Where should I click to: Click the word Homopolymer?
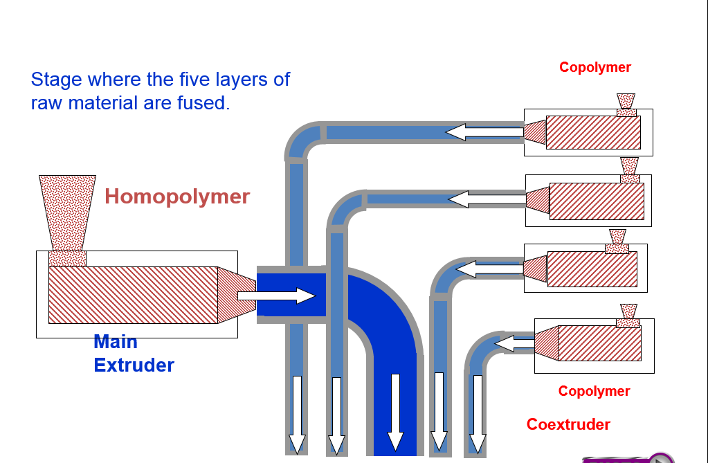(177, 197)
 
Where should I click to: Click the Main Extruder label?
(133, 353)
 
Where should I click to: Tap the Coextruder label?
(568, 424)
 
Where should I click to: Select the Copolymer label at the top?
(594, 67)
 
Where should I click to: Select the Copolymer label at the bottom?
(594, 391)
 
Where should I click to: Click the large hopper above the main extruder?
(67, 212)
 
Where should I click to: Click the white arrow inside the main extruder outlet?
(277, 296)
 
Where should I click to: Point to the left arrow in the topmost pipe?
(484, 131)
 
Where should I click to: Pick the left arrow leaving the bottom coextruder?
(514, 343)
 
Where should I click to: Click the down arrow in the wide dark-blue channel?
(395, 412)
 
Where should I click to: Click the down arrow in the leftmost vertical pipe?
(297, 415)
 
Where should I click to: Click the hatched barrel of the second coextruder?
(597, 201)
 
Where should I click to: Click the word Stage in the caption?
(55, 79)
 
